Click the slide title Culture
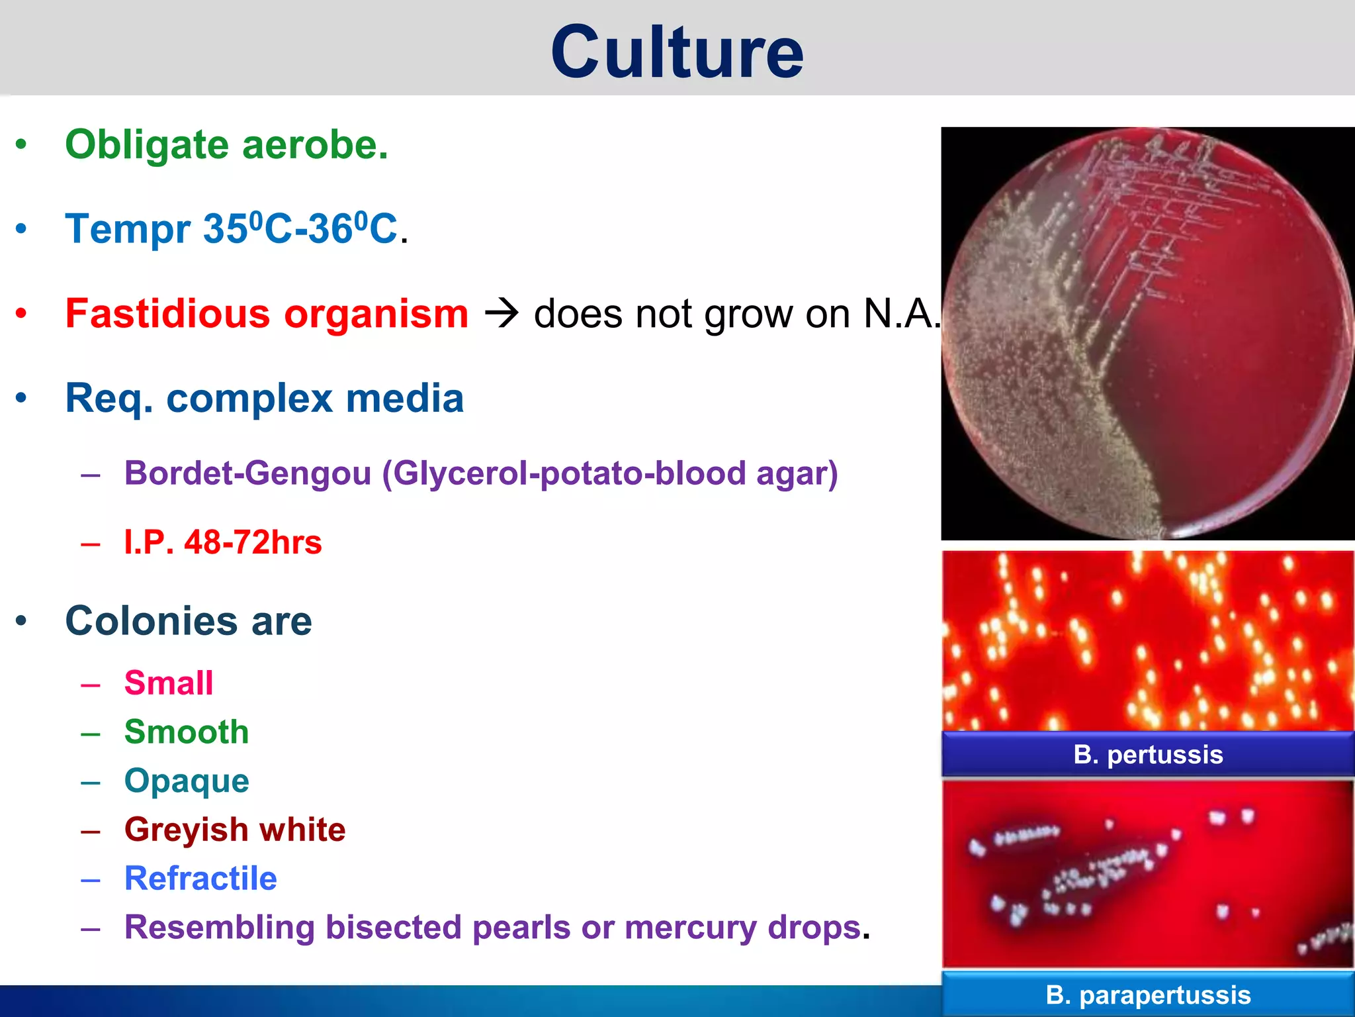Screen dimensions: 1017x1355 [x=677, y=52]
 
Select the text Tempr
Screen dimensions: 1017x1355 [x=128, y=229]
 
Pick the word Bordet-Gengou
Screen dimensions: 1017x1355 [x=247, y=473]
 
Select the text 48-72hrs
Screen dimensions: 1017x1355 [x=253, y=542]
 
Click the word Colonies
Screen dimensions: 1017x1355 [x=152, y=621]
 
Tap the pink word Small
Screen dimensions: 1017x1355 [x=169, y=683]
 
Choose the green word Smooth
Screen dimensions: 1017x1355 [x=187, y=732]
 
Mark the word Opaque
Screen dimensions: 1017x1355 [x=187, y=781]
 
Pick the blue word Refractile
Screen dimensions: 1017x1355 [x=200, y=879]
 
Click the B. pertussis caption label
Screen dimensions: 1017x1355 [x=1148, y=754]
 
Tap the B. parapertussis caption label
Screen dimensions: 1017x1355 [x=1148, y=994]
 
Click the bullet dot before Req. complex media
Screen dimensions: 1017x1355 [x=21, y=398]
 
